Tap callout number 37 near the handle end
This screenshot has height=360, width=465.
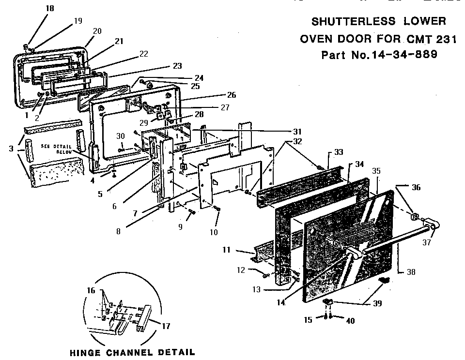point(427,242)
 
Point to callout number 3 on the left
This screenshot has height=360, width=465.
point(11,149)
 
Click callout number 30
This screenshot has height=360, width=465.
point(120,137)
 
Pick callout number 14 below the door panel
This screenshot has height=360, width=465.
point(281,303)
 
